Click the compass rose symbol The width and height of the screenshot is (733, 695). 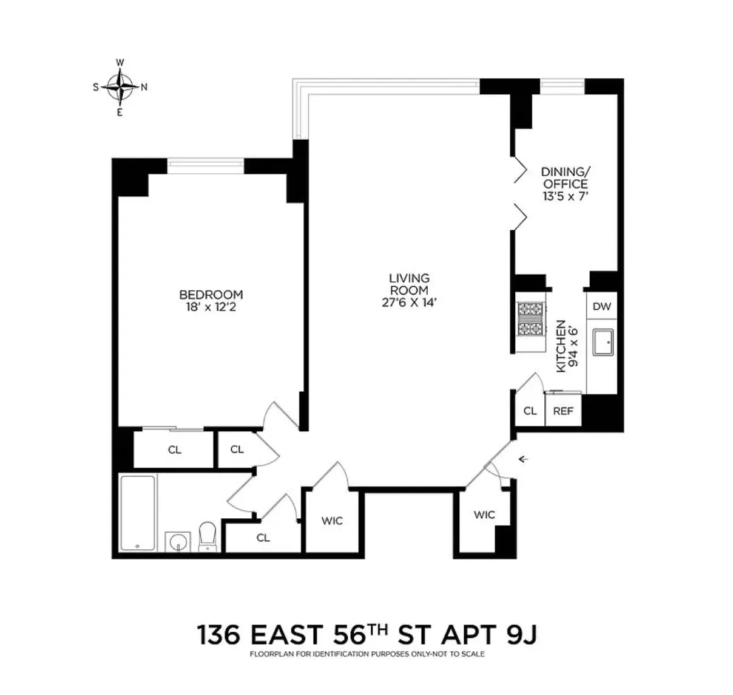click(121, 87)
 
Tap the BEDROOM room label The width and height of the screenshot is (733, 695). click(211, 295)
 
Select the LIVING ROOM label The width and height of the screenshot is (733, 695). click(409, 284)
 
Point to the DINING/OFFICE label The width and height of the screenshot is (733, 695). click(565, 177)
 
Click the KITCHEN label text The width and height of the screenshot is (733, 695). click(561, 346)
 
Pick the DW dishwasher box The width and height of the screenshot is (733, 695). click(601, 306)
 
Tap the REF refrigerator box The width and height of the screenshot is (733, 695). click(563, 411)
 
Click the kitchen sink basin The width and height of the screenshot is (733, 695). click(602, 344)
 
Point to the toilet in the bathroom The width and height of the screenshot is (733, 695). click(208, 536)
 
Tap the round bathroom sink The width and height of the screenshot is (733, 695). click(178, 541)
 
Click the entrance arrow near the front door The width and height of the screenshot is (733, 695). click(523, 459)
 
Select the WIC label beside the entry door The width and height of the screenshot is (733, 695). click(484, 515)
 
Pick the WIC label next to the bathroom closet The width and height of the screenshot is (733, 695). click(332, 521)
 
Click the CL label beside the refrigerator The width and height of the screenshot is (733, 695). click(530, 411)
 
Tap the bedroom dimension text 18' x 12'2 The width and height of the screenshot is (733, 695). click(211, 307)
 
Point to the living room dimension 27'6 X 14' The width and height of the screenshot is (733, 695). click(409, 303)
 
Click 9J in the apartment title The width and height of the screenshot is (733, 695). click(520, 635)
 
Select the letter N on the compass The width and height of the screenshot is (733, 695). click(144, 87)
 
